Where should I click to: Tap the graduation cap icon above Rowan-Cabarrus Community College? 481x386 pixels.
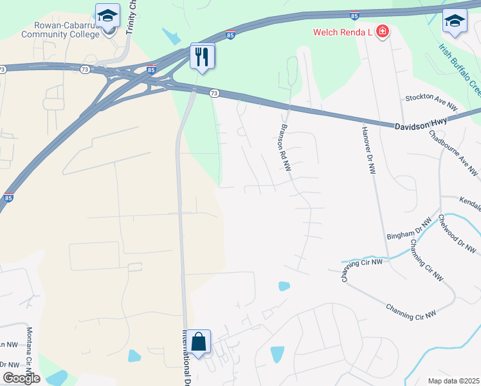click(107, 14)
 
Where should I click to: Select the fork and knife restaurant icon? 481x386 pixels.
click(203, 57)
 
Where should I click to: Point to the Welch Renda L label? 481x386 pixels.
click(343, 32)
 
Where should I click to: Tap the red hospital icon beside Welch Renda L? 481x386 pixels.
click(382, 31)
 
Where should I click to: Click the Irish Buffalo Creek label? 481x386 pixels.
click(459, 69)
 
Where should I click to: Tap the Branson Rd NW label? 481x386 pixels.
click(284, 147)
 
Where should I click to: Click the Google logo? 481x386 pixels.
click(22, 378)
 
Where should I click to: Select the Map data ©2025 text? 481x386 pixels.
click(453, 381)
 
